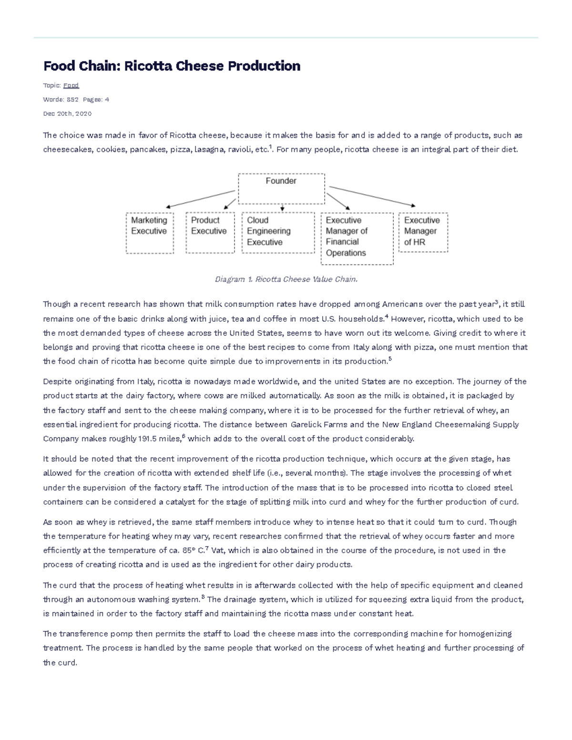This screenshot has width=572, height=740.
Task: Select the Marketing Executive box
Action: pos(150,233)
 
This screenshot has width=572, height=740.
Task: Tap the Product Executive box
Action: pos(210,233)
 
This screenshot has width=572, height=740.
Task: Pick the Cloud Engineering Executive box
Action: pos(278,233)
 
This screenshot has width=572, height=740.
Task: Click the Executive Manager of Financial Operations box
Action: pos(357,238)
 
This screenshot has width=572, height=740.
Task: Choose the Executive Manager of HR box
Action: pos(423,232)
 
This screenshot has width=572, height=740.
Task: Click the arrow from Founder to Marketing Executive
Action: pos(200,199)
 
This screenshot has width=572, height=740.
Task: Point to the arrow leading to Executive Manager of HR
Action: pos(372,196)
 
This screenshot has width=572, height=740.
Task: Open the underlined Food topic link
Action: pos(71,85)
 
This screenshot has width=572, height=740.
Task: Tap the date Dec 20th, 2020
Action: pos(67,114)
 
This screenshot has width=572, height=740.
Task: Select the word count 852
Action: pos(72,100)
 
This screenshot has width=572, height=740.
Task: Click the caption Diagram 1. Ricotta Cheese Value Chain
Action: pos(286,279)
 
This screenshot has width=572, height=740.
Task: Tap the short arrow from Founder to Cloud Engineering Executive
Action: pos(282,208)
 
